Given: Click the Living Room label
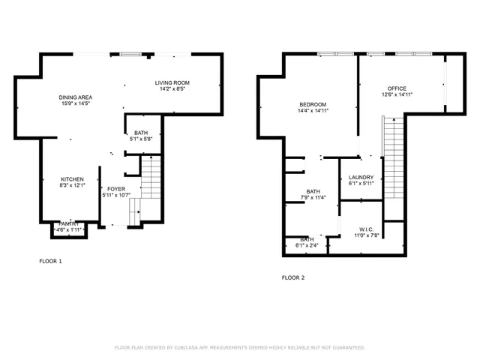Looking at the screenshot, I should pyautogui.click(x=172, y=82).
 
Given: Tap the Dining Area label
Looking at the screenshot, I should pyautogui.click(x=76, y=97).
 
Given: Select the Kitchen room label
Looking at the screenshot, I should pyautogui.click(x=73, y=178).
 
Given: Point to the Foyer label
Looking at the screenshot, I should pyautogui.click(x=116, y=189).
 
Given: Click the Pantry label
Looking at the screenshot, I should pyautogui.click(x=69, y=223).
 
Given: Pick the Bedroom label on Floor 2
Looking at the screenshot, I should pyautogui.click(x=313, y=104).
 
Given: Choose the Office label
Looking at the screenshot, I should pyautogui.click(x=397, y=88).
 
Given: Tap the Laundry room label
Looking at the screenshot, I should pyautogui.click(x=361, y=177).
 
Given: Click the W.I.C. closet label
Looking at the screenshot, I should pyautogui.click(x=366, y=229).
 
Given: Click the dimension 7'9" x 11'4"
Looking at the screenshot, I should pyautogui.click(x=313, y=198).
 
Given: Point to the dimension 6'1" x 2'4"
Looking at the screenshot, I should pyautogui.click(x=307, y=245).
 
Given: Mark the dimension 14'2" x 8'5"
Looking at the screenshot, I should pyautogui.click(x=172, y=88).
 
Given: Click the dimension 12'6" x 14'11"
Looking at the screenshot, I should pyautogui.click(x=397, y=94).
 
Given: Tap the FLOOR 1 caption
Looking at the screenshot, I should pyautogui.click(x=50, y=261).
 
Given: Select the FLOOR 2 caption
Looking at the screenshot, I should pyautogui.click(x=293, y=277).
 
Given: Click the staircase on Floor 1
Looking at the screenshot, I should pyautogui.click(x=151, y=178).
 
